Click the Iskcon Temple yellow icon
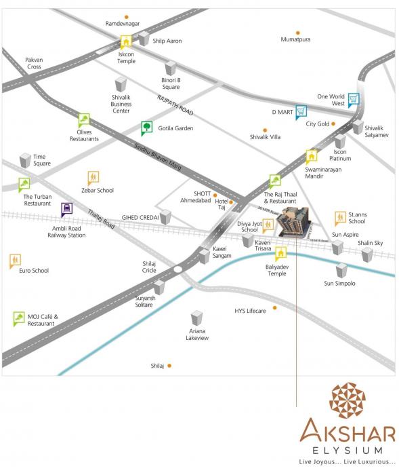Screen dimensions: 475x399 (x=125, y=42)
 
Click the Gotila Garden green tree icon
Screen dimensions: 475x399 (x=146, y=128)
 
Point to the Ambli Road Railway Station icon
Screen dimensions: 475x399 (x=67, y=209)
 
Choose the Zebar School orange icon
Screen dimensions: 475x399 (x=93, y=178)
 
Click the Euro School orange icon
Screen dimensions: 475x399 (x=16, y=261)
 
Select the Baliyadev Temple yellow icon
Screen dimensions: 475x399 (x=280, y=254)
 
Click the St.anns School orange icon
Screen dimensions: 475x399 (x=341, y=218)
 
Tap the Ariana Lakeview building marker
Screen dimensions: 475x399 (x=197, y=318)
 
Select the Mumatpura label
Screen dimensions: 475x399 (x=295, y=39)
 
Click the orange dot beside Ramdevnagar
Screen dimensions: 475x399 (x=127, y=16)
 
